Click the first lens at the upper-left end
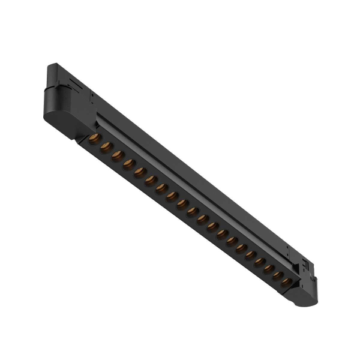pos(94,140)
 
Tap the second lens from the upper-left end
pos(106,148)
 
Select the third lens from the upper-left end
pos(118,155)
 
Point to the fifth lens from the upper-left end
pos(140,172)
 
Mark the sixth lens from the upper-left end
pos(151,180)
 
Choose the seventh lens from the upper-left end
pos(161,188)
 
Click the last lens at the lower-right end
pos(287,281)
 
